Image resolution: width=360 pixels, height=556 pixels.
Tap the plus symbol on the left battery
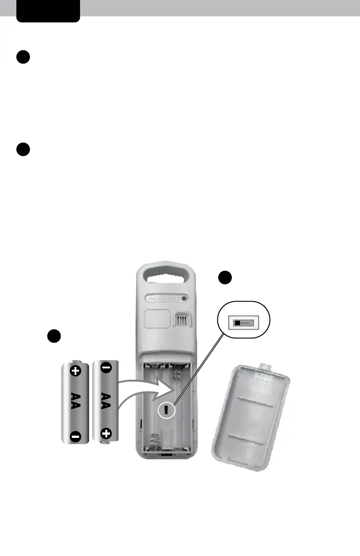75,371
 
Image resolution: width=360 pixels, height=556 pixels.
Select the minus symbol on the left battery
75,437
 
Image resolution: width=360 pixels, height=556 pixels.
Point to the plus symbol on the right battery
106,433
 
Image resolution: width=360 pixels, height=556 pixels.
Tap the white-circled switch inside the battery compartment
167,410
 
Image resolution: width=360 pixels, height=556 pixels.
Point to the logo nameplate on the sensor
166,298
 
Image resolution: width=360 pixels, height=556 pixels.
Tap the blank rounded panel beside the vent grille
158,319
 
